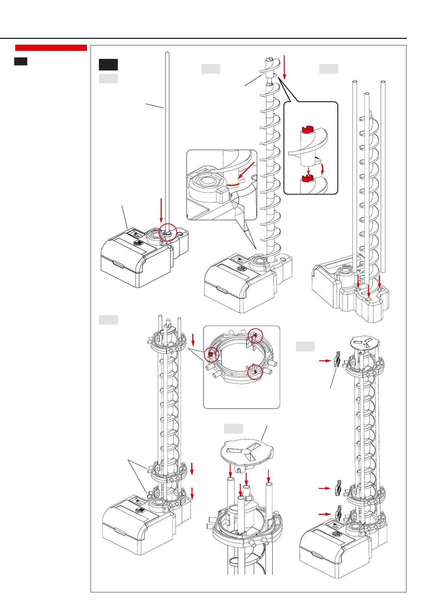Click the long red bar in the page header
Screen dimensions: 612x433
pyautogui.click(x=51, y=48)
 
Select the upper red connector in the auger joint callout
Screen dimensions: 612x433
pyautogui.click(x=308, y=129)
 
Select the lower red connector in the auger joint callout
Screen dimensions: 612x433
pyautogui.click(x=308, y=178)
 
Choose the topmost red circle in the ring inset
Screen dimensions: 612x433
pyautogui.click(x=255, y=336)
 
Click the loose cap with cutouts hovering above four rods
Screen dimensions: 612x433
pyautogui.click(x=247, y=451)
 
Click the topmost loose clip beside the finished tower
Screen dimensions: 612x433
pyautogui.click(x=337, y=360)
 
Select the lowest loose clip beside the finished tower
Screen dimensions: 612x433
pyautogui.click(x=338, y=514)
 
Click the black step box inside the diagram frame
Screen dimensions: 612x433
pyautogui.click(x=108, y=65)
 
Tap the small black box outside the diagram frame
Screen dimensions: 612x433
pyautogui.click(x=21, y=61)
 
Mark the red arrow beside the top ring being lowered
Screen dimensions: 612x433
pyautogui.click(x=193, y=340)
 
